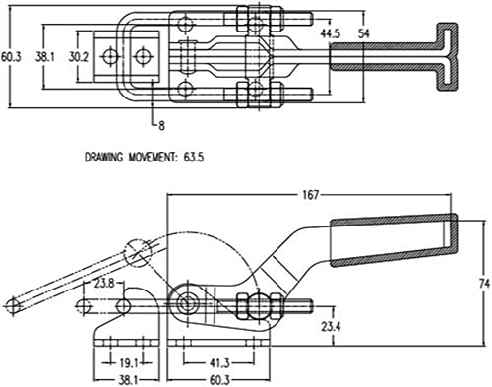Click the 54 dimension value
pyautogui.click(x=364, y=34)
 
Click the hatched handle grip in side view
pyautogui.click(x=394, y=242)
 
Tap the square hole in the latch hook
pyautogui.click(x=143, y=56)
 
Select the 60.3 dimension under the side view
pyautogui.click(x=220, y=378)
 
